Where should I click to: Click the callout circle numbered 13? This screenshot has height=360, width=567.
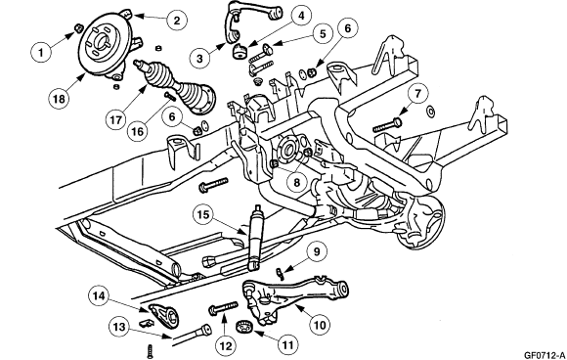(x=119, y=326)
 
